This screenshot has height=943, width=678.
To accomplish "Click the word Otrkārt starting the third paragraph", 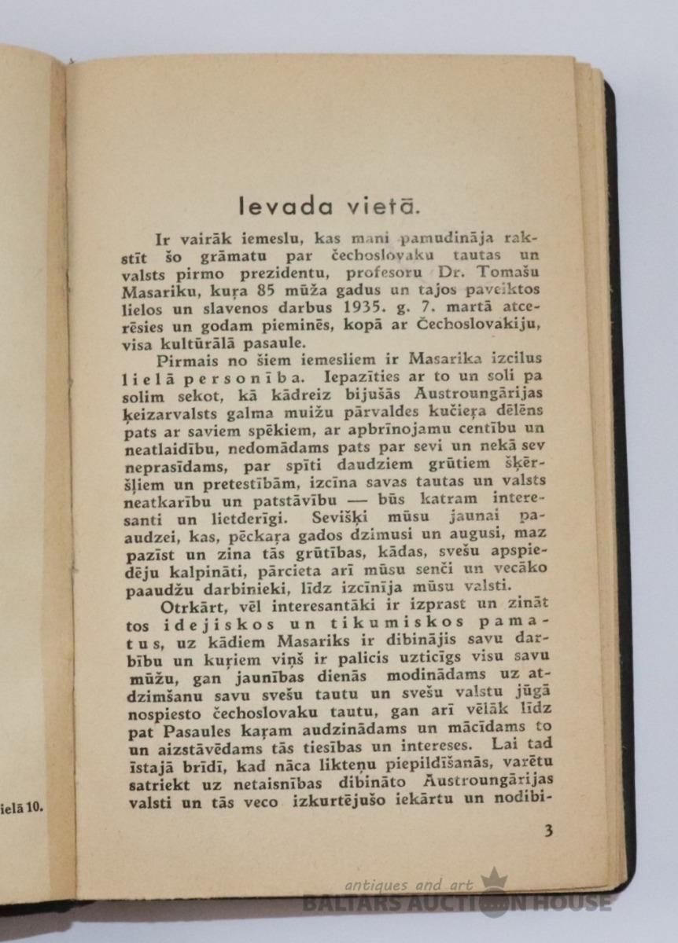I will (190, 604).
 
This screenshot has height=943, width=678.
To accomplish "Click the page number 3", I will (548, 831).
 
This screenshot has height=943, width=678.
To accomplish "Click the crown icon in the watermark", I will (495, 882).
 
